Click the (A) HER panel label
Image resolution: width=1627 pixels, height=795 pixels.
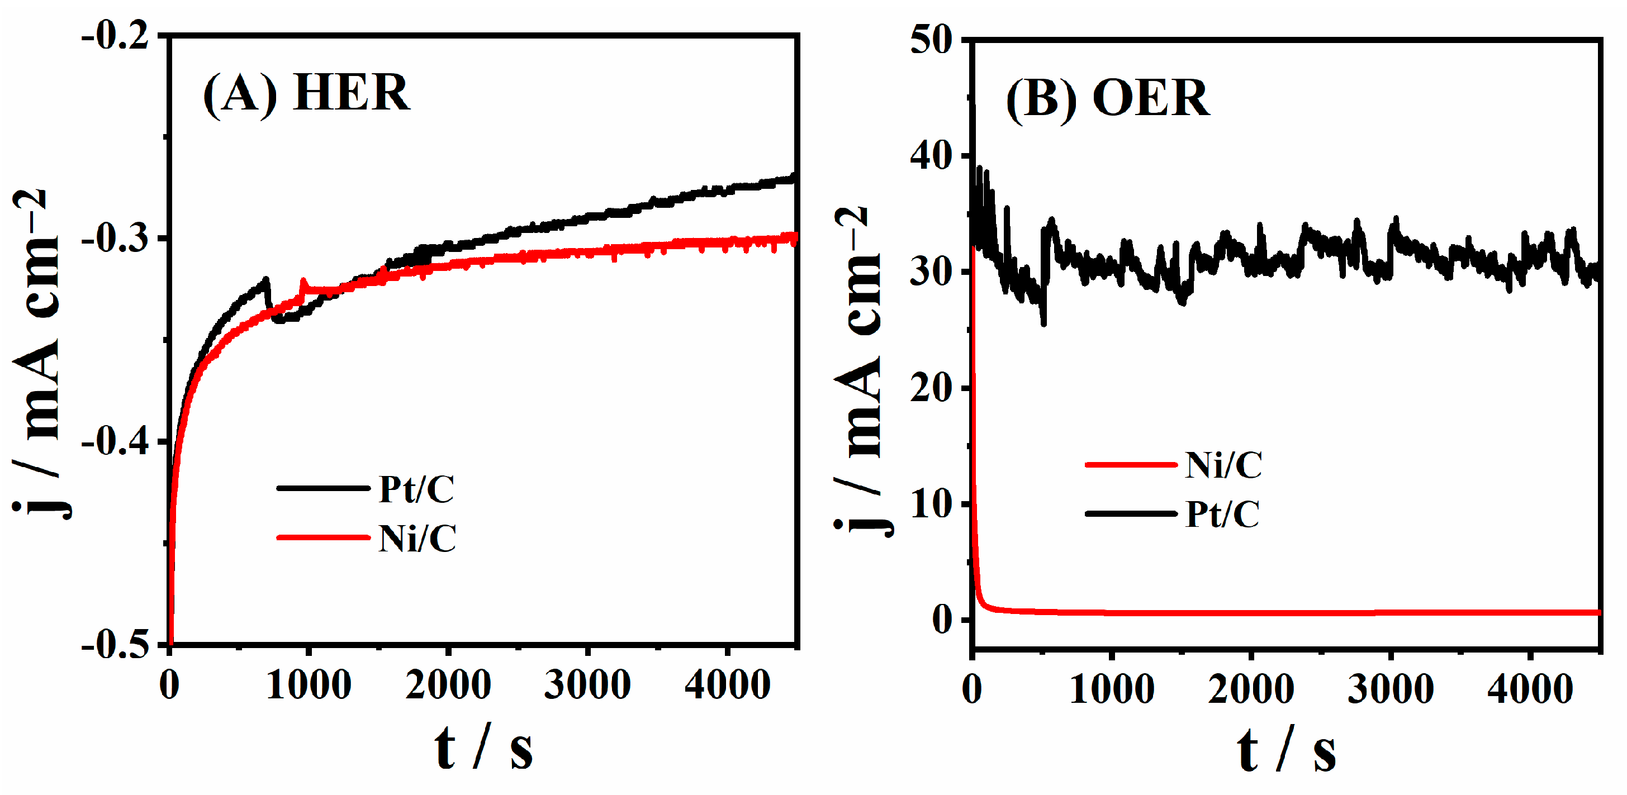[x=306, y=93]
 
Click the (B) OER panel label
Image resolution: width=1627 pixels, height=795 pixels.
[x=1107, y=99]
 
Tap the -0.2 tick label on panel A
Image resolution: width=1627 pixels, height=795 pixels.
[x=115, y=37]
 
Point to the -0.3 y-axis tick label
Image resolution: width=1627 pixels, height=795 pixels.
[x=115, y=239]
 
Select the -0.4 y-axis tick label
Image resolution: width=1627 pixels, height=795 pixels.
[x=115, y=442]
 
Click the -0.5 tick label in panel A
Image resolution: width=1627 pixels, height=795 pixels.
[x=115, y=645]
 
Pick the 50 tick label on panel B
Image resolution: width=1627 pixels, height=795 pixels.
[x=931, y=40]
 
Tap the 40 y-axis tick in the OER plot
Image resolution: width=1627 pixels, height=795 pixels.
[x=931, y=156]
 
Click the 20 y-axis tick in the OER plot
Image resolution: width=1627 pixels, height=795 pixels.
[x=931, y=388]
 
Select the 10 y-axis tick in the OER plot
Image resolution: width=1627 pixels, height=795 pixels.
[x=931, y=504]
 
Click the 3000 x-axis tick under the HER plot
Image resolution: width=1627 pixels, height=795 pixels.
[x=587, y=685]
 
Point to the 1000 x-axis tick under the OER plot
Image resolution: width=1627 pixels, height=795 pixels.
[x=1112, y=689]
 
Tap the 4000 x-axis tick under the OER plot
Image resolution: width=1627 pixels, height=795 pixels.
[x=1530, y=689]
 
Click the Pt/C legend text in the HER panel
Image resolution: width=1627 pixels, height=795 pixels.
[x=416, y=489]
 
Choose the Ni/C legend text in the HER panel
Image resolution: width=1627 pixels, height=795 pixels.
[x=417, y=539]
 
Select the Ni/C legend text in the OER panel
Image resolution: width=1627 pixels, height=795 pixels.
[x=1223, y=465]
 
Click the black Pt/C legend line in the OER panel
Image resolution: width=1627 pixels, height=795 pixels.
[x=1131, y=513]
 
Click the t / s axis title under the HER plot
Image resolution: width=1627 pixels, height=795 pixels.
[x=483, y=748]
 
